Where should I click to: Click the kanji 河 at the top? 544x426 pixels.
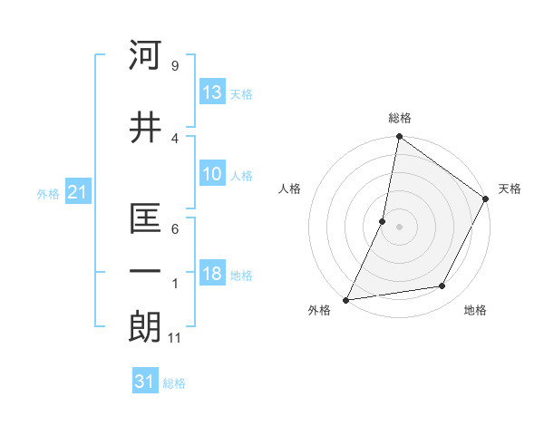146,55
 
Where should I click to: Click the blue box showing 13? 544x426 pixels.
211,93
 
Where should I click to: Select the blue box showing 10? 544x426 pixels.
211,175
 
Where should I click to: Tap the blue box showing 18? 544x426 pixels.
211,275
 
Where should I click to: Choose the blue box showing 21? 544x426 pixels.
77,193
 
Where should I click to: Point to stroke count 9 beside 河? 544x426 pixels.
174,66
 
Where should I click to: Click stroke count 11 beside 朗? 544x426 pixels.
176,338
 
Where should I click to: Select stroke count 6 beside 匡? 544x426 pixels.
174,229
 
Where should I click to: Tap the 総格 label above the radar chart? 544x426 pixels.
399,118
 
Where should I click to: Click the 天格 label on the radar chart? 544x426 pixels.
510,189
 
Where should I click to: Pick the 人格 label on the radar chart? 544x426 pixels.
290,189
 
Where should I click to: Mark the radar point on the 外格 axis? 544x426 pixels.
345,300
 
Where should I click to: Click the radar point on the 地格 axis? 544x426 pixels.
442,286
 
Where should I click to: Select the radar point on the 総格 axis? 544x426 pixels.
399,137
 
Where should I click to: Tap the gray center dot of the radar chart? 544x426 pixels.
399,227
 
